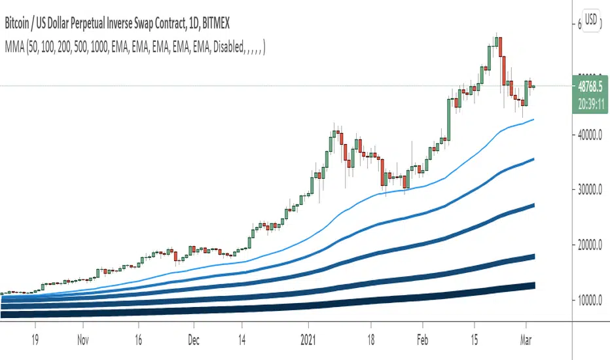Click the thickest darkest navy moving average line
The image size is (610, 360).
click(327, 303)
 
